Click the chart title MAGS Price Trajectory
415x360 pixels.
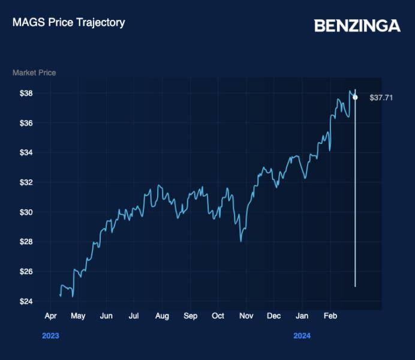click(68, 23)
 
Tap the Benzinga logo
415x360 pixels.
click(357, 26)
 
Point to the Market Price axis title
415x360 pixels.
click(34, 73)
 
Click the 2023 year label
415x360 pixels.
click(50, 336)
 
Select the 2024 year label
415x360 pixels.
click(302, 336)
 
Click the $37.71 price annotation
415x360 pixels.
click(381, 97)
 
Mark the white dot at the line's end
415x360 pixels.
click(355, 97)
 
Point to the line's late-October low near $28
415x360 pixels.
click(240, 241)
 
